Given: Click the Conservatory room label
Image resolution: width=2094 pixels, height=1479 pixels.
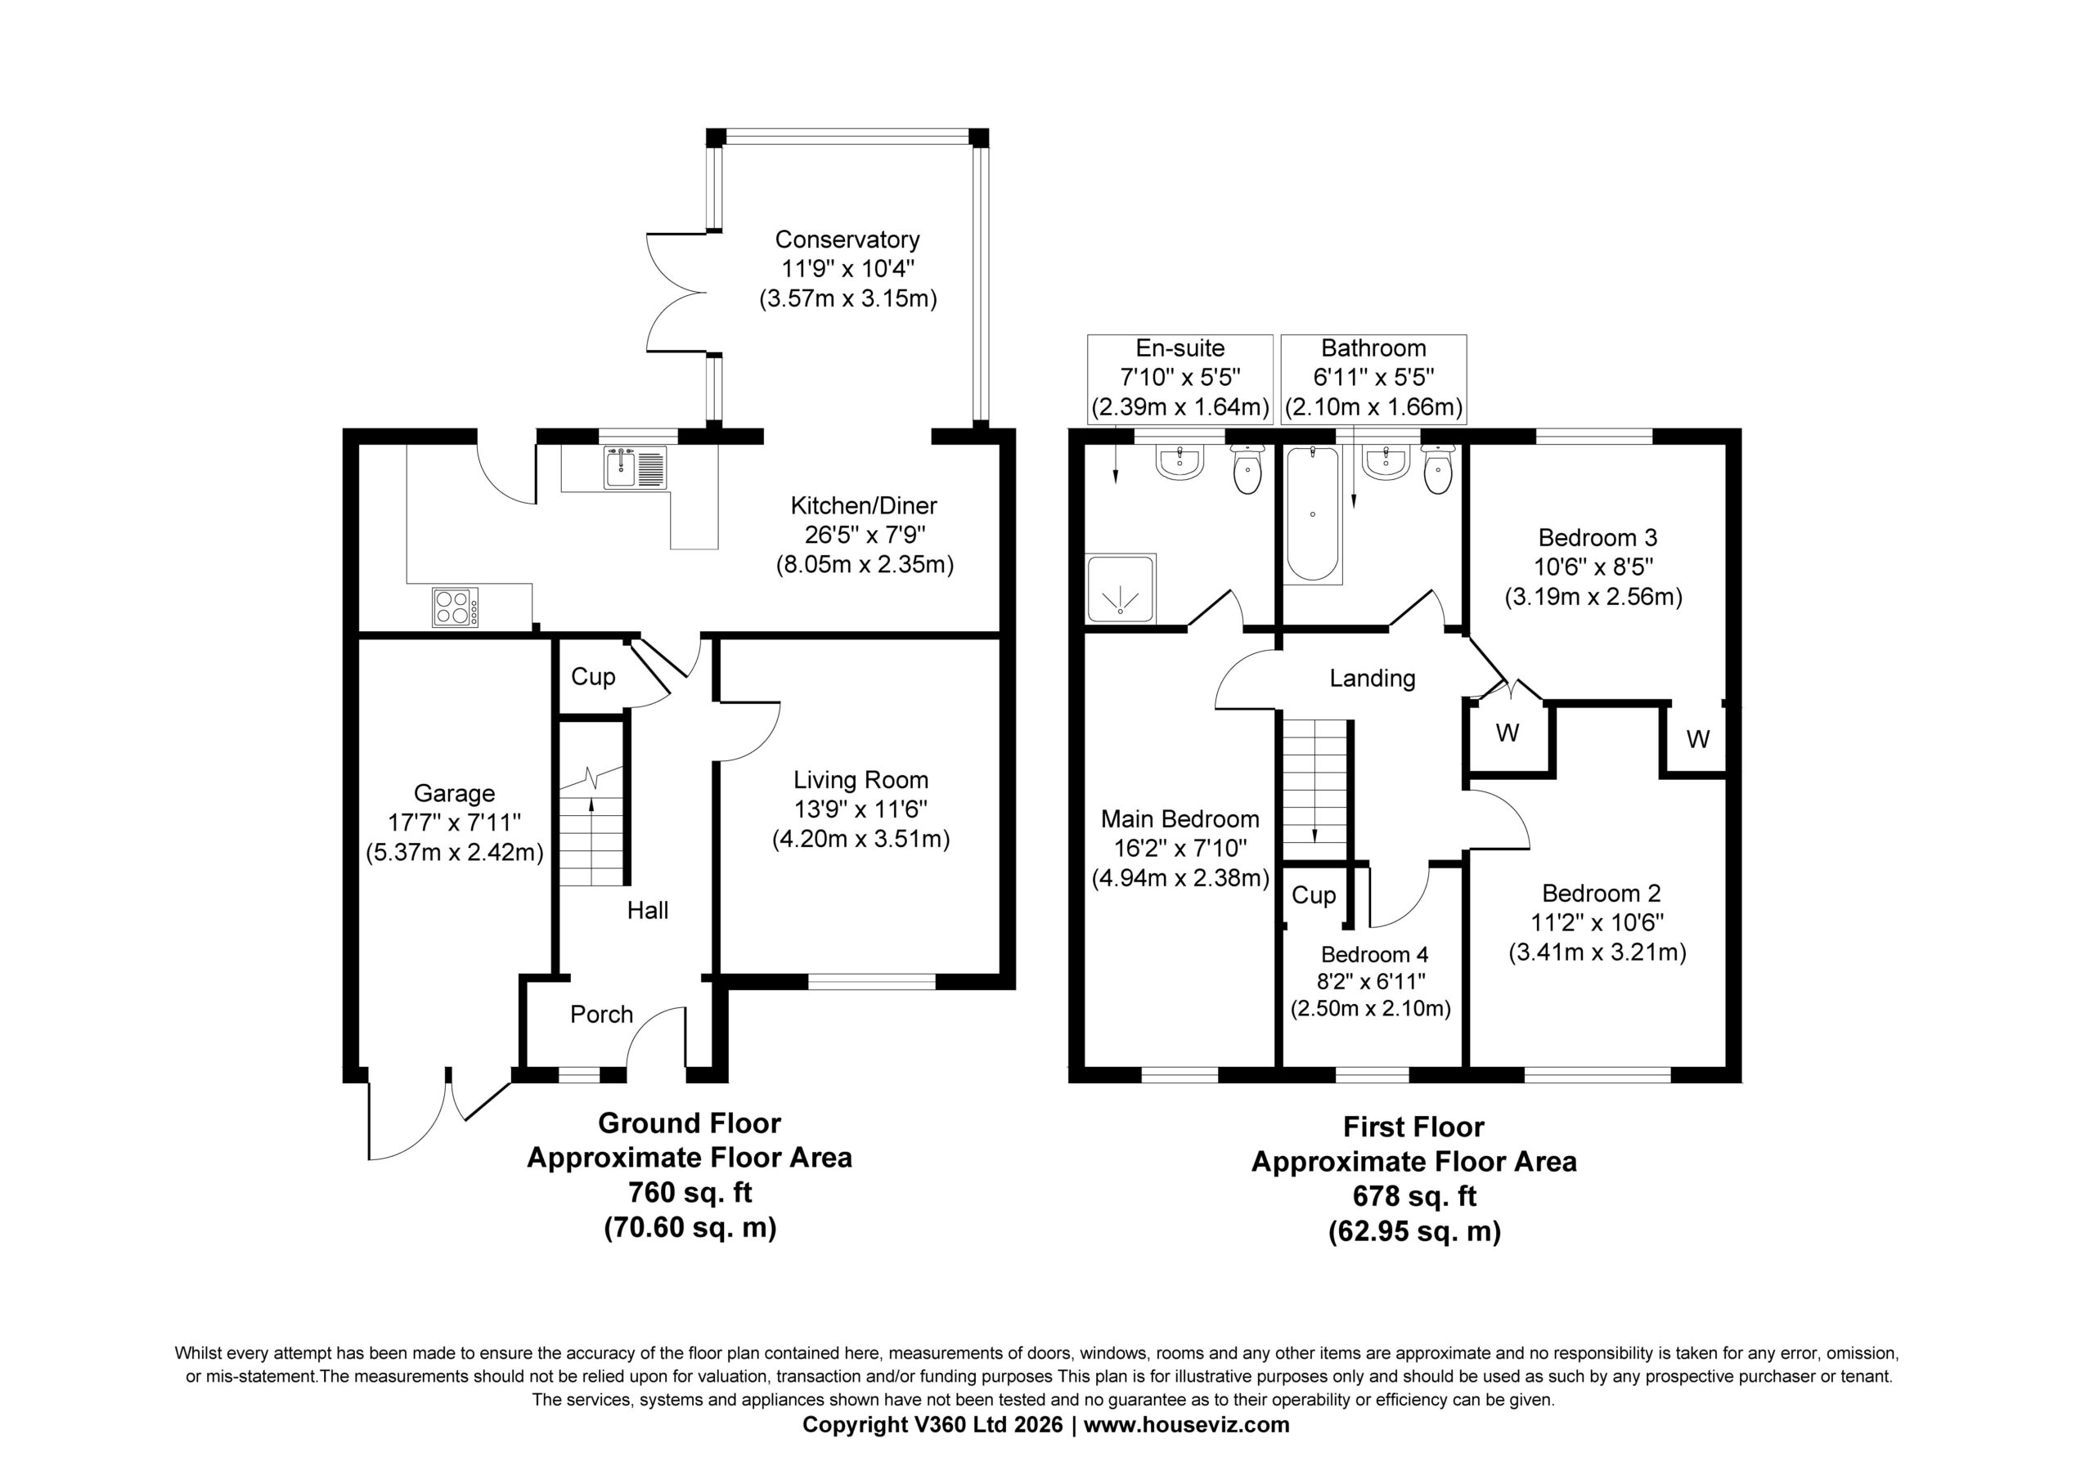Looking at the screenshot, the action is click(x=847, y=240).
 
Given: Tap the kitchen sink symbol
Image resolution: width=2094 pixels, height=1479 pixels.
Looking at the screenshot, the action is click(x=635, y=468).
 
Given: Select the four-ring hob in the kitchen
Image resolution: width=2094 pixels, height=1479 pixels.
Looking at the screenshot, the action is click(x=455, y=607).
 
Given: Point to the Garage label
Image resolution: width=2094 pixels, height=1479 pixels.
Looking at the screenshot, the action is click(x=454, y=793).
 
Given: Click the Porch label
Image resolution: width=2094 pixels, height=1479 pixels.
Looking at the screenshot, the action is click(x=601, y=1014).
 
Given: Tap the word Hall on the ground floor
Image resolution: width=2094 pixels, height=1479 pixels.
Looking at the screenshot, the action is click(x=648, y=910).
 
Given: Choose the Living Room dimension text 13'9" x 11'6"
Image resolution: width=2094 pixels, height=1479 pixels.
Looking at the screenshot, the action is click(x=861, y=809).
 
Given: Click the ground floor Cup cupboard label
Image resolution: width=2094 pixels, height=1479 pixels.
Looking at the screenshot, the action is click(x=593, y=677).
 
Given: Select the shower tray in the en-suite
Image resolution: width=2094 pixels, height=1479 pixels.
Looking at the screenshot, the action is click(x=1121, y=588).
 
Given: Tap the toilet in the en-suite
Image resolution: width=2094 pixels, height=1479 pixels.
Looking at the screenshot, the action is click(x=1246, y=468).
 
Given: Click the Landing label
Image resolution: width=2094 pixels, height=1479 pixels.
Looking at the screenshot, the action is click(x=1372, y=679).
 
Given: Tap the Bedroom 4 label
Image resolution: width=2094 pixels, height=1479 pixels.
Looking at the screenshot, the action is click(x=1374, y=954).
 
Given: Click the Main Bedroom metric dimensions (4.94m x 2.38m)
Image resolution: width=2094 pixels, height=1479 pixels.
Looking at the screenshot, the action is click(x=1180, y=878).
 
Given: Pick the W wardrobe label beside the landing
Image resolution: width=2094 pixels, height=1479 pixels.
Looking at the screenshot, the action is click(x=1508, y=733).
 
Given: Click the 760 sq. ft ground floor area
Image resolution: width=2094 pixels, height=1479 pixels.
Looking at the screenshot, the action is click(x=690, y=1193).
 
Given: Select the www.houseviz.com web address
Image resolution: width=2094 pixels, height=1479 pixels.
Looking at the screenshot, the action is click(x=1187, y=1424).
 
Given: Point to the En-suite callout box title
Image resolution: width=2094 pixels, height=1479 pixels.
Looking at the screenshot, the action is click(x=1180, y=347).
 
